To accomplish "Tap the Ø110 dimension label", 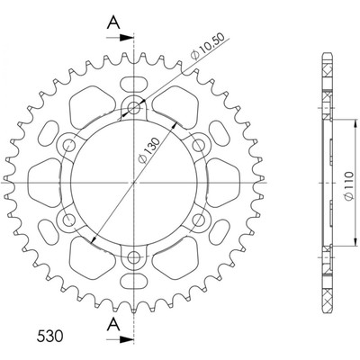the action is [348, 186].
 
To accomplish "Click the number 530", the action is [49, 337].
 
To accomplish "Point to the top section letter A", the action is [113, 22].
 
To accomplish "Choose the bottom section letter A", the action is [113, 325].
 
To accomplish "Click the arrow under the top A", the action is [120, 38].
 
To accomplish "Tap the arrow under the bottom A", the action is [120, 340].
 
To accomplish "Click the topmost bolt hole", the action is [134, 107].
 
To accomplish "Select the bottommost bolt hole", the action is [134, 257].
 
